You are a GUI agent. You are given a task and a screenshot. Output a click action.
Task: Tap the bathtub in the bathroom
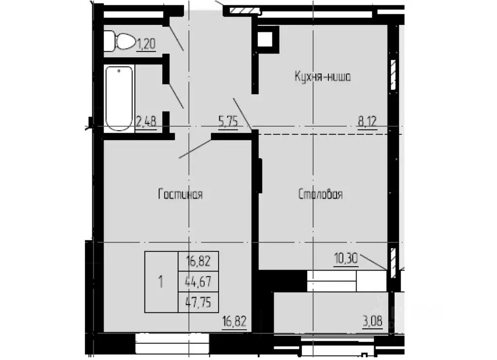coord(119,99)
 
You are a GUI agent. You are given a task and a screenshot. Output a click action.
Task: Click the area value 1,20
coord(146,44)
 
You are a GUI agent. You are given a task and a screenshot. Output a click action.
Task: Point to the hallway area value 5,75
coord(228,121)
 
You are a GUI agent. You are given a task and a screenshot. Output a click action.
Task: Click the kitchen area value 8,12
coord(367,121)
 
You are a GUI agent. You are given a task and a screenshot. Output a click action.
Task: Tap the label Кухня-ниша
coord(323,76)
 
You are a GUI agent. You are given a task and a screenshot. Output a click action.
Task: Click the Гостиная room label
coord(180,194)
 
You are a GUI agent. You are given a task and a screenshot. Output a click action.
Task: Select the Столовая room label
coord(320,194)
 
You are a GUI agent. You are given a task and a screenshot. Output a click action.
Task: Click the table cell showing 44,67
coord(198,281)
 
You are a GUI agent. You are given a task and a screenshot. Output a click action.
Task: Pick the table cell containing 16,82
coord(198,262)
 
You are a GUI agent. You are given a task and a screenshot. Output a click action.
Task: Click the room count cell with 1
coord(161,281)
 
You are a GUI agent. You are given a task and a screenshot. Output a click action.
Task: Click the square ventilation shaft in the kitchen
coord(267,38)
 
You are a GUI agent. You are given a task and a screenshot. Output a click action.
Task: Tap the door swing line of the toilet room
coord(176,38)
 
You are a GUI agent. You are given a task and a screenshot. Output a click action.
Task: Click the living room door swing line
coord(195,149)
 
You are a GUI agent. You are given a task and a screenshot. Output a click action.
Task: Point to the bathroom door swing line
coord(176,96)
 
